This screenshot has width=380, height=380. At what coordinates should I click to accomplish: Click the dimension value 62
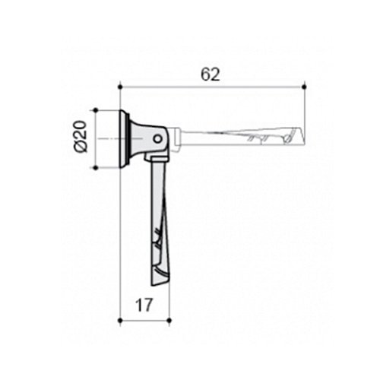click(211, 74)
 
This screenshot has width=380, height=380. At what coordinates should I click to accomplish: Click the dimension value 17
click(144, 305)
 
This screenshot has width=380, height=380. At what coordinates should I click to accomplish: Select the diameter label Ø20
click(81, 136)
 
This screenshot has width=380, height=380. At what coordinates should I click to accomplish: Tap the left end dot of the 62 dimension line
click(120, 87)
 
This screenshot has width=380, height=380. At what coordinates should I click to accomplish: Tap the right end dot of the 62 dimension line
click(304, 87)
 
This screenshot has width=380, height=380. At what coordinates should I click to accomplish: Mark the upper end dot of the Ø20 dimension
click(96, 110)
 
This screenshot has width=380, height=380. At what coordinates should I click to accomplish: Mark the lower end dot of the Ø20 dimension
click(96, 168)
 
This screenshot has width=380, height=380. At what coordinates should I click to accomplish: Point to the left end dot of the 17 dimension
click(120, 321)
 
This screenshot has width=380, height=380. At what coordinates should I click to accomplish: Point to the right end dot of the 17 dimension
click(169, 321)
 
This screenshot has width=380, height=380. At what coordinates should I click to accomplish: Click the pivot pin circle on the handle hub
click(158, 139)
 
